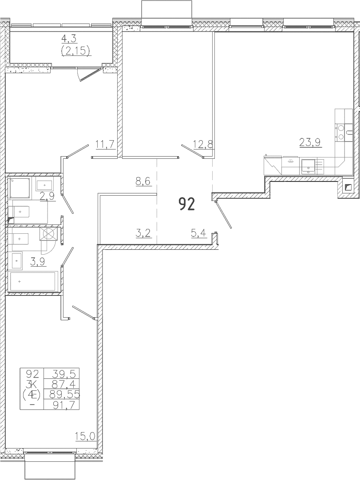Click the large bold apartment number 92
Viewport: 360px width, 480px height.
coord(186,204)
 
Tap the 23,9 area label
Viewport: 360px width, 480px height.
coord(310,142)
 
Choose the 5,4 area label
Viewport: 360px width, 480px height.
coord(199,234)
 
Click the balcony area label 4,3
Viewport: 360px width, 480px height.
coord(70,39)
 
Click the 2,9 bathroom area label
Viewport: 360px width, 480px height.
coord(47,196)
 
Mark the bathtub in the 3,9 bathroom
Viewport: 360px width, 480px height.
coord(34,281)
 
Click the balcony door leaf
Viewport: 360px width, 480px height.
coord(91,75)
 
